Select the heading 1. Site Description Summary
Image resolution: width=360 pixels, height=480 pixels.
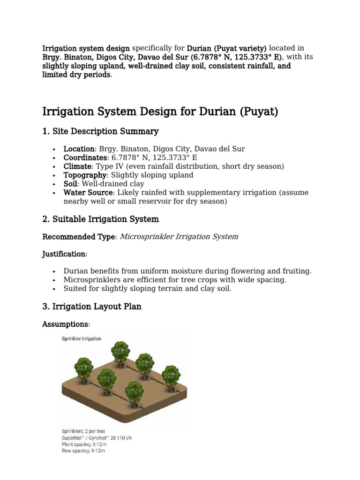(100, 131)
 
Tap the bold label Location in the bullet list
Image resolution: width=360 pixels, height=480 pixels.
(79, 149)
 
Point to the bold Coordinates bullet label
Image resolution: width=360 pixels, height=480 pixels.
(84, 157)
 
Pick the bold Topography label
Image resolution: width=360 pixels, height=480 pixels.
(84, 175)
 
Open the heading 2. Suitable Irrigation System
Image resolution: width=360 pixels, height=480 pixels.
(100, 219)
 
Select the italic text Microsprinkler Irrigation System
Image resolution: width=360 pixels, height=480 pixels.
(179, 237)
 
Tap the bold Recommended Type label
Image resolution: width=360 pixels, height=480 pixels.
(78, 237)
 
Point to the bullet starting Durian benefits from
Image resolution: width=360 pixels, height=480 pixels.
(187, 271)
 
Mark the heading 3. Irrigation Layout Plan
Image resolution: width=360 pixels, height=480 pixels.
(91, 307)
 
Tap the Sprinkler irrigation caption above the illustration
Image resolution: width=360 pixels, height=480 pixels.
(82, 338)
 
